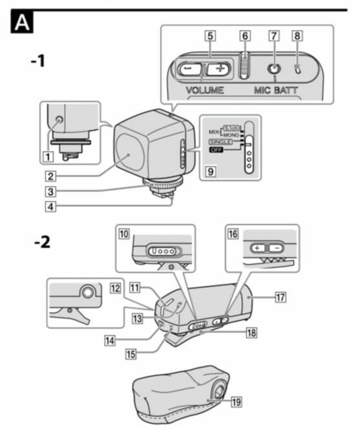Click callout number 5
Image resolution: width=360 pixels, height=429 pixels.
(x=210, y=36)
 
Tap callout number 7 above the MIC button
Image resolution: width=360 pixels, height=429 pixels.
(x=274, y=36)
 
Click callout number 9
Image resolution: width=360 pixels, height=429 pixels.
(x=209, y=172)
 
